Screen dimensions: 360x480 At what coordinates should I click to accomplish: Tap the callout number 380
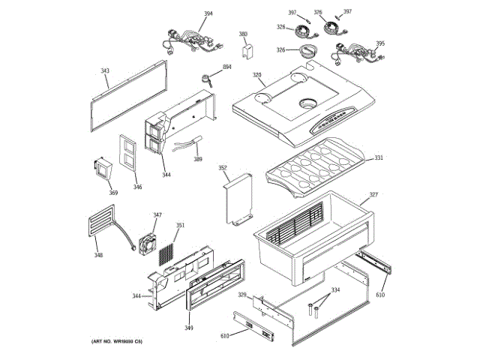coord(243,34)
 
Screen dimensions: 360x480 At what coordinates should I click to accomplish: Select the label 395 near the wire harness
coord(380,43)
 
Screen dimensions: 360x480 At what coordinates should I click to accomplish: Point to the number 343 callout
coord(105,71)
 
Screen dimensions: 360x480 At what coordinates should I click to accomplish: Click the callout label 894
coord(226,67)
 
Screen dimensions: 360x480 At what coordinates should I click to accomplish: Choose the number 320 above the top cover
coord(256,75)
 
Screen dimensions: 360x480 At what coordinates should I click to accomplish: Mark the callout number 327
coord(373,195)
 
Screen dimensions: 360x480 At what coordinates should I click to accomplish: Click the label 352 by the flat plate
coord(223,168)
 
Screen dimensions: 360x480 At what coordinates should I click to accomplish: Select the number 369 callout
coord(113,193)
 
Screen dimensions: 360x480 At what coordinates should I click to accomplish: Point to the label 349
coord(188,328)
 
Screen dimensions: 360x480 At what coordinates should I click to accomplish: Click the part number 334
coord(335,289)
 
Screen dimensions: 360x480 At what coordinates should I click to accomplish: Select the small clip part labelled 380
coord(244,49)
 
